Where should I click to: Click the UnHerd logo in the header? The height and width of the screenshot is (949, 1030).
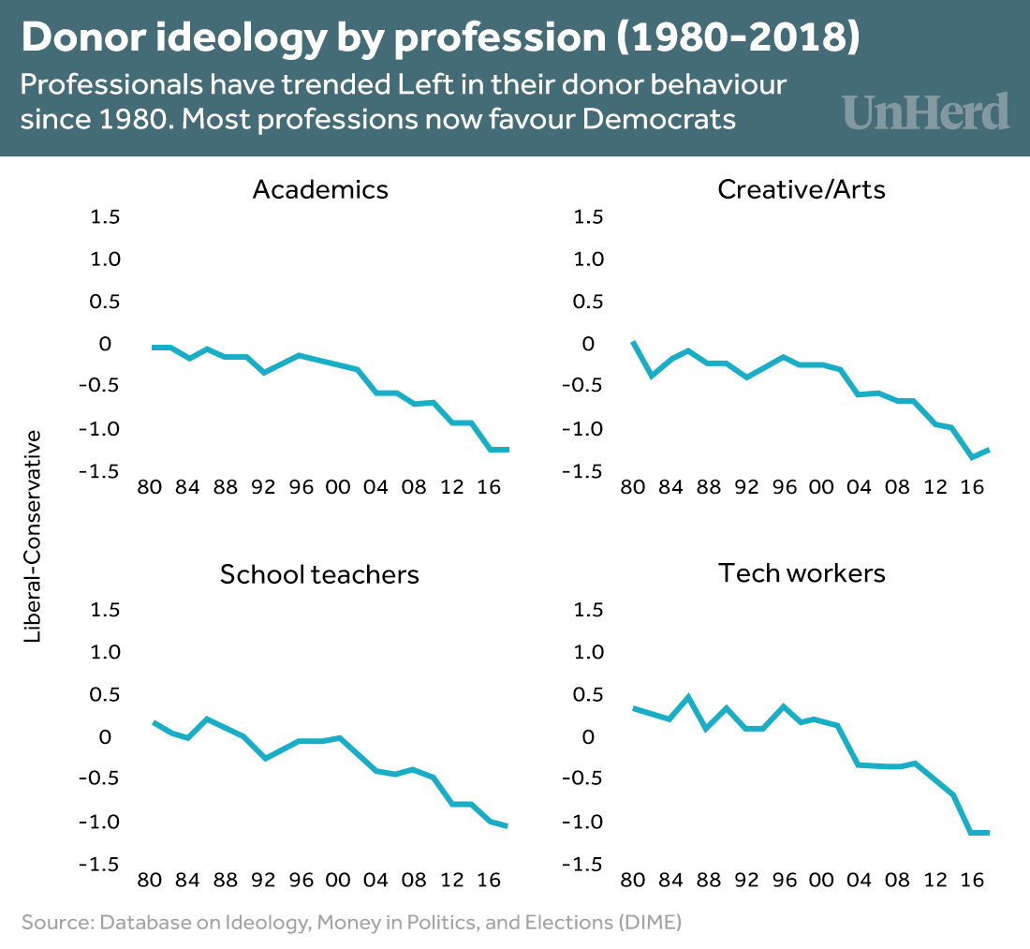pyautogui.click(x=926, y=111)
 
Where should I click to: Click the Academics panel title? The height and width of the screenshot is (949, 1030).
pyautogui.click(x=320, y=189)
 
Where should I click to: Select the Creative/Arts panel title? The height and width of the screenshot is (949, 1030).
pyautogui.click(x=802, y=189)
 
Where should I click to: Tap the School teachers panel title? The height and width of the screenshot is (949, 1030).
pyautogui.click(x=319, y=573)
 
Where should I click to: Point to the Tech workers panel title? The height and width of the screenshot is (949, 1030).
pyautogui.click(x=802, y=572)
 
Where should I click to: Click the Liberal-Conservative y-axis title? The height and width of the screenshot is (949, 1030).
pyautogui.click(x=34, y=536)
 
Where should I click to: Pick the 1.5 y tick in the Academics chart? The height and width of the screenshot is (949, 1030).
pyautogui.click(x=105, y=216)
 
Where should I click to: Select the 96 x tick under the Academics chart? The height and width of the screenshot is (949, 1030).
pyautogui.click(x=301, y=488)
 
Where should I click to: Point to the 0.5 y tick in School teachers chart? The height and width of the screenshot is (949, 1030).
pyautogui.click(x=105, y=694)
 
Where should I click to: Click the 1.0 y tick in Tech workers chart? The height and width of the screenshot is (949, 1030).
pyautogui.click(x=590, y=651)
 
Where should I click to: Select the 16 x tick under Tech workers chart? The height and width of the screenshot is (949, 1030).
pyautogui.click(x=974, y=881)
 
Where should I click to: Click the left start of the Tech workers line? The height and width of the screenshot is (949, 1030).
pyautogui.click(x=634, y=708)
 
